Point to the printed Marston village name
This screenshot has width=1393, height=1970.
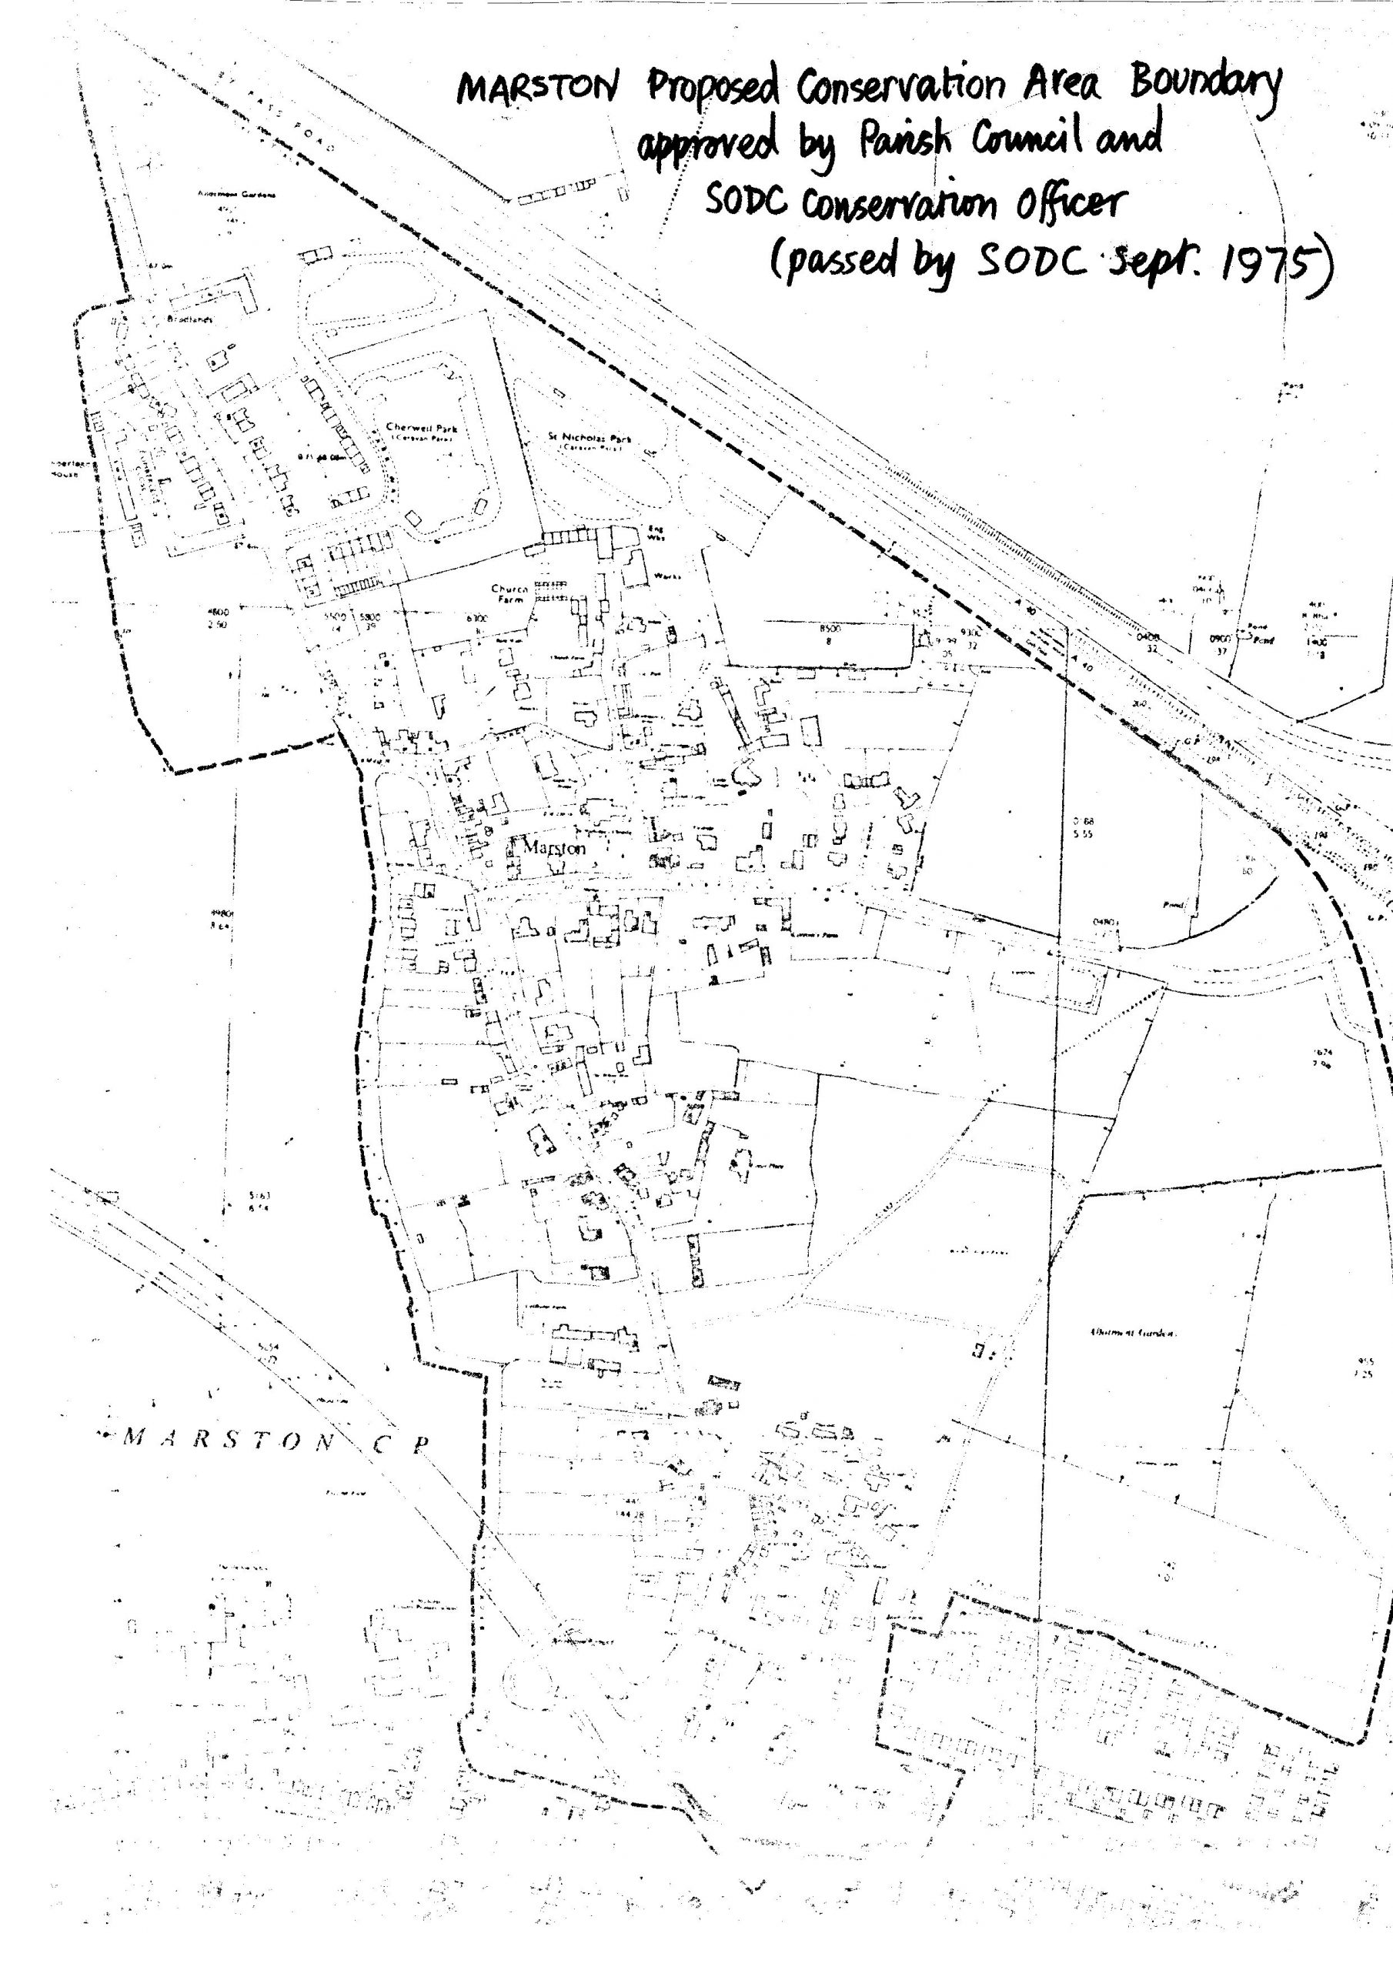(553, 848)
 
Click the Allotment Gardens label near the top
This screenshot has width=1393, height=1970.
(237, 195)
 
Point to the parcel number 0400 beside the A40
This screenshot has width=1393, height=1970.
(1147, 637)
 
